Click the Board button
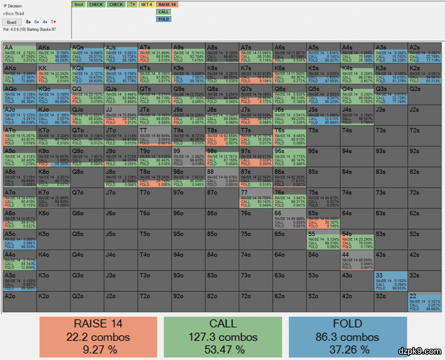(12, 22)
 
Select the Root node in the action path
(79, 5)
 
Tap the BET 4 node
(147, 5)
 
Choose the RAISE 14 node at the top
(167, 5)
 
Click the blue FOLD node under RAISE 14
(164, 19)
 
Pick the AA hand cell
(19, 52)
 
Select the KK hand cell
(53, 73)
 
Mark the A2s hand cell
(425, 52)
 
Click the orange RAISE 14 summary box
(98, 337)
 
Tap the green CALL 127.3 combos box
(223, 337)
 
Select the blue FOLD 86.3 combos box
(347, 337)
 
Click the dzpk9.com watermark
(420, 351)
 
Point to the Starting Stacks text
(40, 29)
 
